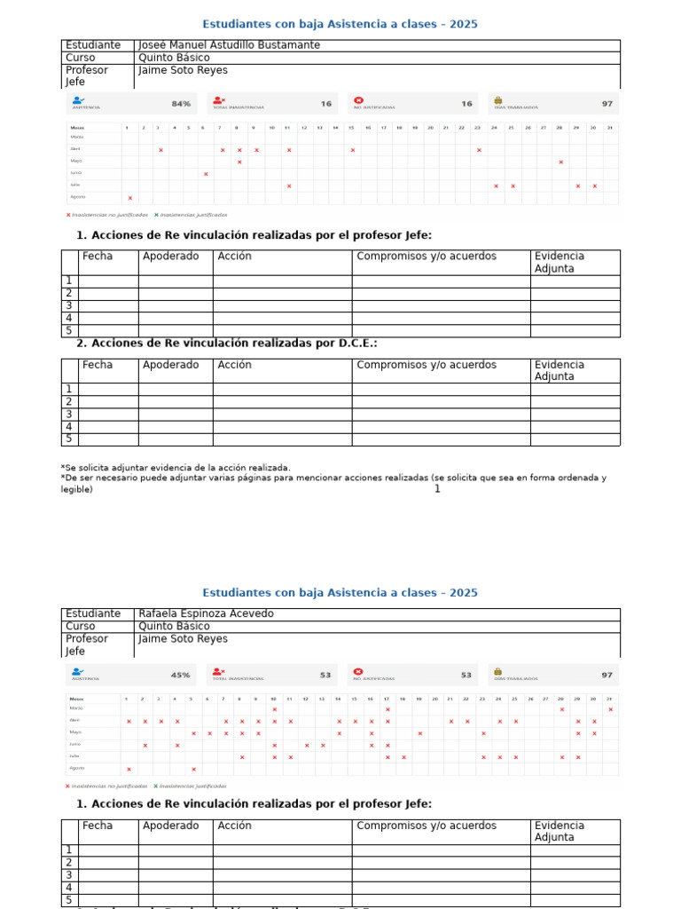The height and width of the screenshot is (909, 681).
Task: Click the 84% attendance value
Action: click(181, 104)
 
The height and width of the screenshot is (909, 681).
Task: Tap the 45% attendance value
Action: click(181, 675)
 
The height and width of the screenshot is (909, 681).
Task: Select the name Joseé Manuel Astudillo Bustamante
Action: click(229, 45)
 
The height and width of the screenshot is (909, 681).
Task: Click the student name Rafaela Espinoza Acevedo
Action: click(207, 613)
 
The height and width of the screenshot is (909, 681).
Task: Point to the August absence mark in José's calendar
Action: click(130, 198)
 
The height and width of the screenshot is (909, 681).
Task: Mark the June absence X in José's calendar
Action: click(206, 174)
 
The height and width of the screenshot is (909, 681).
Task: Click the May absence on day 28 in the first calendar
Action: click(561, 162)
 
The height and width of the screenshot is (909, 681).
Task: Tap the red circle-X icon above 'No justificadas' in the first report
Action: click(358, 100)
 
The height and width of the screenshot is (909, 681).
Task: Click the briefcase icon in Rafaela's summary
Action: click(498, 671)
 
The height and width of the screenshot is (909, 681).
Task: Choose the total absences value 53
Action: click(325, 675)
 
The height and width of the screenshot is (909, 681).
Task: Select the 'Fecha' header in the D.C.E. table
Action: click(98, 365)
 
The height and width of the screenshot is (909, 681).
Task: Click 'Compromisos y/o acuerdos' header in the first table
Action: click(427, 257)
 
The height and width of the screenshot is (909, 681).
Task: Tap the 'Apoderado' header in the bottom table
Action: click(171, 826)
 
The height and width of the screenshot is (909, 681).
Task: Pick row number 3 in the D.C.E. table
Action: click(68, 414)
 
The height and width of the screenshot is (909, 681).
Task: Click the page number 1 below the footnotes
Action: click(437, 489)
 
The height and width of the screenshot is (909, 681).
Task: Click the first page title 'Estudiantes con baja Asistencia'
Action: click(340, 24)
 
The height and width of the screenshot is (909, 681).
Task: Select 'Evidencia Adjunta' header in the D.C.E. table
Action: click(560, 370)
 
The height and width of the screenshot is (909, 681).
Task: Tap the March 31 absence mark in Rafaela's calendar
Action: click(610, 709)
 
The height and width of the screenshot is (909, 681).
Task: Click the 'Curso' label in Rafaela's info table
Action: click(81, 626)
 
